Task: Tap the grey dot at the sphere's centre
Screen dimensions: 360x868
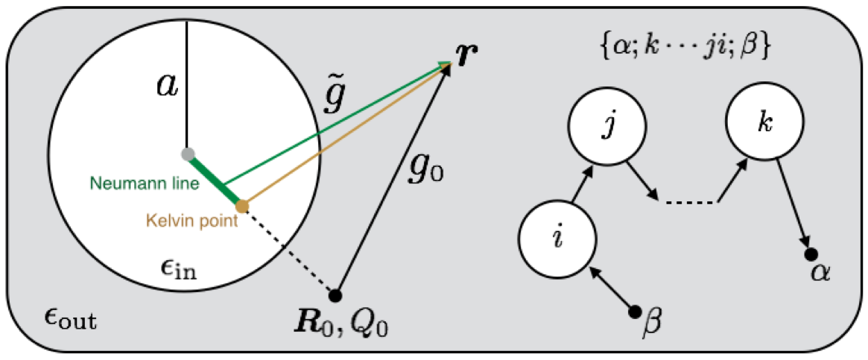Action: [x=187, y=154]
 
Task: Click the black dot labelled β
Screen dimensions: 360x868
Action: [x=635, y=311]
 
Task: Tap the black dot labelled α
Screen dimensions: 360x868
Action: [x=811, y=255]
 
